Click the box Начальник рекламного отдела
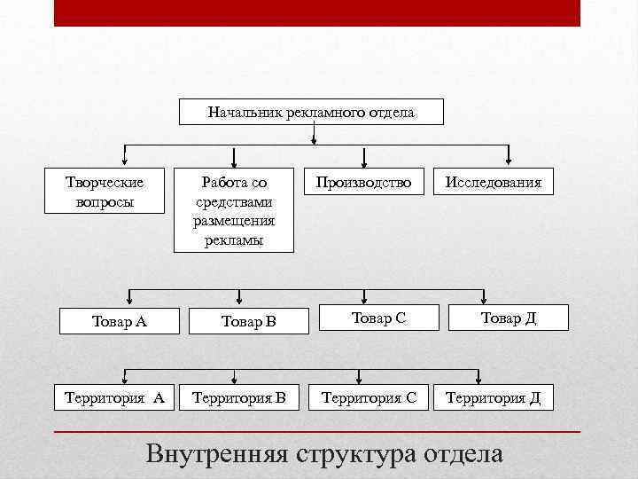[x=311, y=113]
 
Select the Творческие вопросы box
[x=105, y=191]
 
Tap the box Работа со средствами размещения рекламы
[x=233, y=210]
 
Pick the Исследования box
[x=494, y=183]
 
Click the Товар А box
[x=120, y=321]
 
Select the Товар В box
[x=249, y=321]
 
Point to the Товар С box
[x=378, y=318]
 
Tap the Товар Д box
[x=509, y=318]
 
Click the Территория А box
[x=114, y=397]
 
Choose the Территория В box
[x=239, y=397]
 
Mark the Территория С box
[x=369, y=397]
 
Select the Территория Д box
[x=494, y=397]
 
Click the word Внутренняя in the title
[x=217, y=454]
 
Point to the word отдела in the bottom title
[x=464, y=454]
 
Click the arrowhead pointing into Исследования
[x=508, y=162]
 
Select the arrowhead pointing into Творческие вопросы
[x=125, y=162]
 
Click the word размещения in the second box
[x=234, y=221]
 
